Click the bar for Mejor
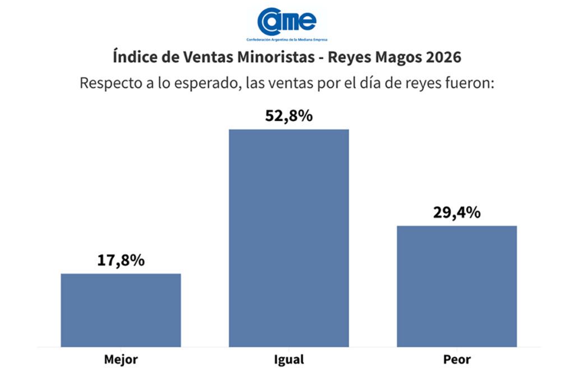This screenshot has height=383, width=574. [x=121, y=310]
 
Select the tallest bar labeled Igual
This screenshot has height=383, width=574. [x=289, y=238]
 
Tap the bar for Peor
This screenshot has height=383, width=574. [x=457, y=286]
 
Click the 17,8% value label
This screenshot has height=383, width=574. [x=121, y=261]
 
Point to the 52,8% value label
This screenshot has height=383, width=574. [x=289, y=117]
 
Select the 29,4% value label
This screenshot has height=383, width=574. [x=457, y=213]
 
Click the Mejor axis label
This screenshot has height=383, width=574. [x=121, y=359]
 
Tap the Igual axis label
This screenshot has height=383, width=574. [x=289, y=360]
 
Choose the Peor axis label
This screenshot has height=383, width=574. [x=457, y=359]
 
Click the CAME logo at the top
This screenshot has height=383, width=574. [x=287, y=21]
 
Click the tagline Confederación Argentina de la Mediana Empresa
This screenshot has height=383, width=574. [x=287, y=40]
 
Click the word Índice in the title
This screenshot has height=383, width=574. [x=132, y=58]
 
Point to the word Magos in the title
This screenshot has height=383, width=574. [x=395, y=58]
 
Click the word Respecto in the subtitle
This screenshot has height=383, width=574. [x=110, y=83]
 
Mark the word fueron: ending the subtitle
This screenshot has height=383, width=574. [x=470, y=83]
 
